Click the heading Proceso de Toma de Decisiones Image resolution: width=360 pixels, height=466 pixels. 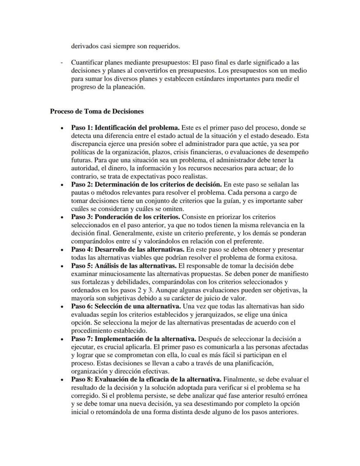97,111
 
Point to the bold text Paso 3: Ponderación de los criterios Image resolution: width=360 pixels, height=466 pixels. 125,217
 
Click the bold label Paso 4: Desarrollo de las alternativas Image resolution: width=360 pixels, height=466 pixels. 128,249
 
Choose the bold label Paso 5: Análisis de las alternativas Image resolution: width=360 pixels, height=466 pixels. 123,265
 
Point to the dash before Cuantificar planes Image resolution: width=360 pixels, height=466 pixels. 62,63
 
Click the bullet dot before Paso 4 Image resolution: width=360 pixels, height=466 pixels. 63,250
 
